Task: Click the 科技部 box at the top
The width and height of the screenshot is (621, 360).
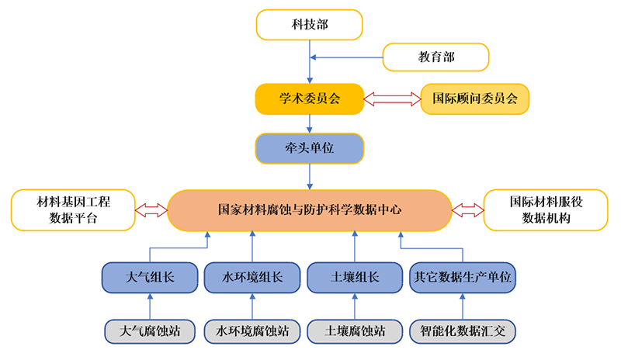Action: [309, 24]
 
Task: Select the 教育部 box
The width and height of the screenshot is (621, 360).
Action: [435, 57]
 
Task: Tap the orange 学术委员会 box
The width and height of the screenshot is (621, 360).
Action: [309, 99]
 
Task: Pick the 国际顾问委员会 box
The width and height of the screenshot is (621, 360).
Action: [474, 99]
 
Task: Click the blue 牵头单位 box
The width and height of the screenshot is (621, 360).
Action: [309, 148]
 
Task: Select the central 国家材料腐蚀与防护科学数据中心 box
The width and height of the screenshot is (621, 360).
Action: [309, 209]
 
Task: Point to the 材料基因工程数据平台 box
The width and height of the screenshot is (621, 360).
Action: [74, 209]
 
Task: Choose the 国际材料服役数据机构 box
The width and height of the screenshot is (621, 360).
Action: [546, 209]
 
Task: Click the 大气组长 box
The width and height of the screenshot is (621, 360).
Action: [150, 277]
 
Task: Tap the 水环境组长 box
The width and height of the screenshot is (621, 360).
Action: [252, 277]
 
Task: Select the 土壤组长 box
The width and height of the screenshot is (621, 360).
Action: [355, 277]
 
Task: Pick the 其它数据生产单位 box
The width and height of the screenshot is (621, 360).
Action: [463, 277]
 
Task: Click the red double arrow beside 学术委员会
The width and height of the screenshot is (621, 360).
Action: [392, 99]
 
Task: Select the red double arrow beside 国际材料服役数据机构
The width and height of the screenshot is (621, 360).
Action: [467, 209]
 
